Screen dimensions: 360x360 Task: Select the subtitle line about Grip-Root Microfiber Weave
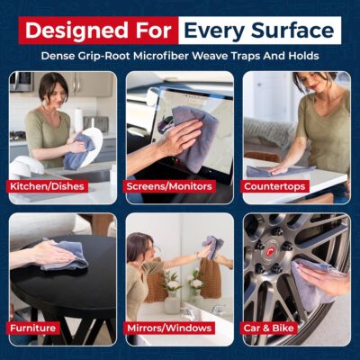(x=180, y=56)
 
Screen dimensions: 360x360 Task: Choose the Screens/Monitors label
(x=171, y=187)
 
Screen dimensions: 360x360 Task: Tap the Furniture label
(x=33, y=328)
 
